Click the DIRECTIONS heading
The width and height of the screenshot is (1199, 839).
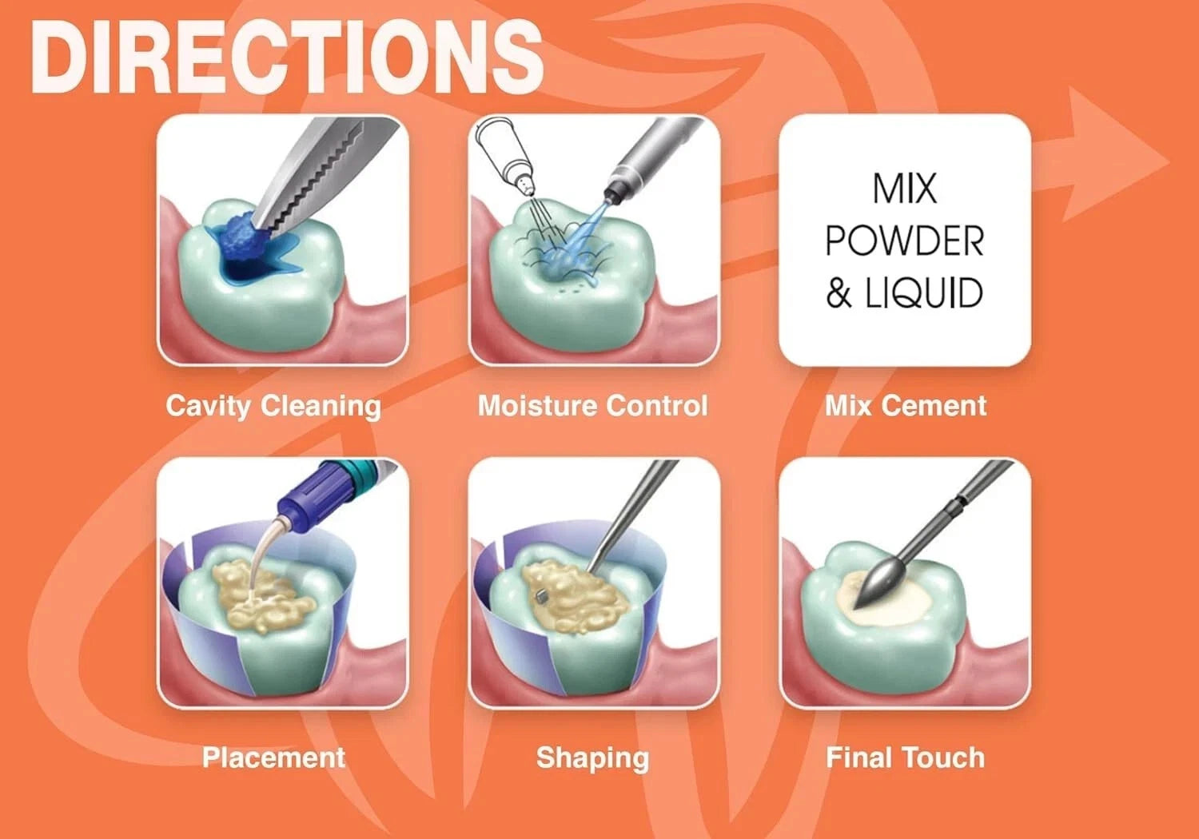pyautogui.click(x=286, y=58)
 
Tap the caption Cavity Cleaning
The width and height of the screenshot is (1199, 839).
pyautogui.click(x=273, y=406)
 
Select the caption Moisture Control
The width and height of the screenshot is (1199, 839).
pyautogui.click(x=592, y=406)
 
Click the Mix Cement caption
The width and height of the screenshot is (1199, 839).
pyautogui.click(x=906, y=406)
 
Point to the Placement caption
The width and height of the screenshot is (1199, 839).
pyautogui.click(x=273, y=757)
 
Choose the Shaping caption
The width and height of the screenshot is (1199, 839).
pyautogui.click(x=592, y=757)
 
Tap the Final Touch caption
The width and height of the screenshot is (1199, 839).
pyautogui.click(x=906, y=757)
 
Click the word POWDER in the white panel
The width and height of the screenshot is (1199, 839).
pyautogui.click(x=904, y=241)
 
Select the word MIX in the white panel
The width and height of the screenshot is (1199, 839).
pyautogui.click(x=904, y=189)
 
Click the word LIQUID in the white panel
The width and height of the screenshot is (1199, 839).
pyautogui.click(x=923, y=294)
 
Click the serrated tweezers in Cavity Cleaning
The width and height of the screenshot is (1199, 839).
pyautogui.click(x=320, y=172)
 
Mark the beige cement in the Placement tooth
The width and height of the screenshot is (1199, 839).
pyautogui.click(x=264, y=595)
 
